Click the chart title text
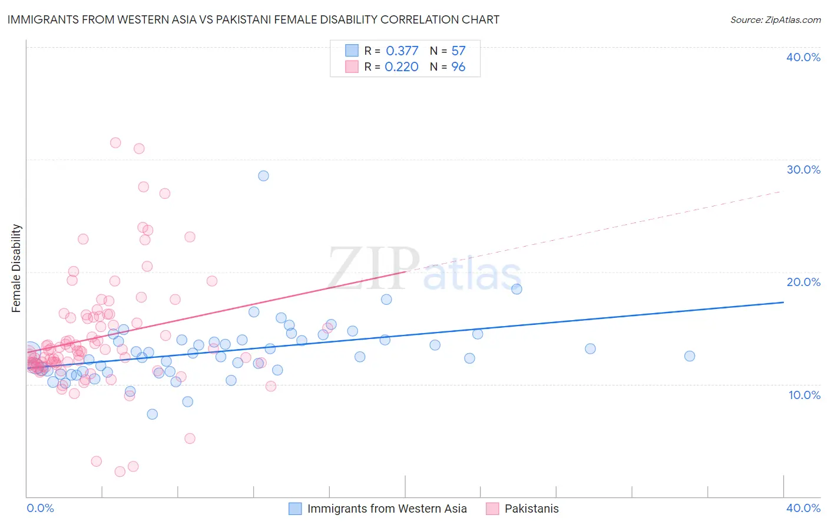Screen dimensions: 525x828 point(253,19)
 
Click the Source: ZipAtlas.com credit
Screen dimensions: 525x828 point(775,19)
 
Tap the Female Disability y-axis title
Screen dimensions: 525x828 point(16,268)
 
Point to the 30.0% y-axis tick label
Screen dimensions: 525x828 point(803,170)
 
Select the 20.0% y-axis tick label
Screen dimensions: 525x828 point(803,282)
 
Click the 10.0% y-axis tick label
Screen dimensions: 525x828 point(804,395)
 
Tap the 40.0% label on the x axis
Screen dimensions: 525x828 point(803,508)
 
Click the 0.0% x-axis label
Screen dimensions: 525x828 point(40,508)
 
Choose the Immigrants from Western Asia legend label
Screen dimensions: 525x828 point(387,509)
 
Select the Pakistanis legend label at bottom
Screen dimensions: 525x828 point(531,509)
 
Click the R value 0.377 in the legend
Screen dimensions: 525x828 point(402,51)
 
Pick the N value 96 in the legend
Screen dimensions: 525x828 point(458,67)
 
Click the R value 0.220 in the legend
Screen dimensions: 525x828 point(402,67)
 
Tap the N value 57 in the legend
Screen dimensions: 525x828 point(458,51)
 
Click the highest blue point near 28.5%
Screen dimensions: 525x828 point(263,176)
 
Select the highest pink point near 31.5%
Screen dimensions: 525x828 point(115,143)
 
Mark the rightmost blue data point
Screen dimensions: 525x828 point(690,356)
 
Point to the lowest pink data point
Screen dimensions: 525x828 point(120,471)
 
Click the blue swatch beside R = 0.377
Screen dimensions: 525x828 point(352,51)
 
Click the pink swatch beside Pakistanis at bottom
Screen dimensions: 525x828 point(492,509)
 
